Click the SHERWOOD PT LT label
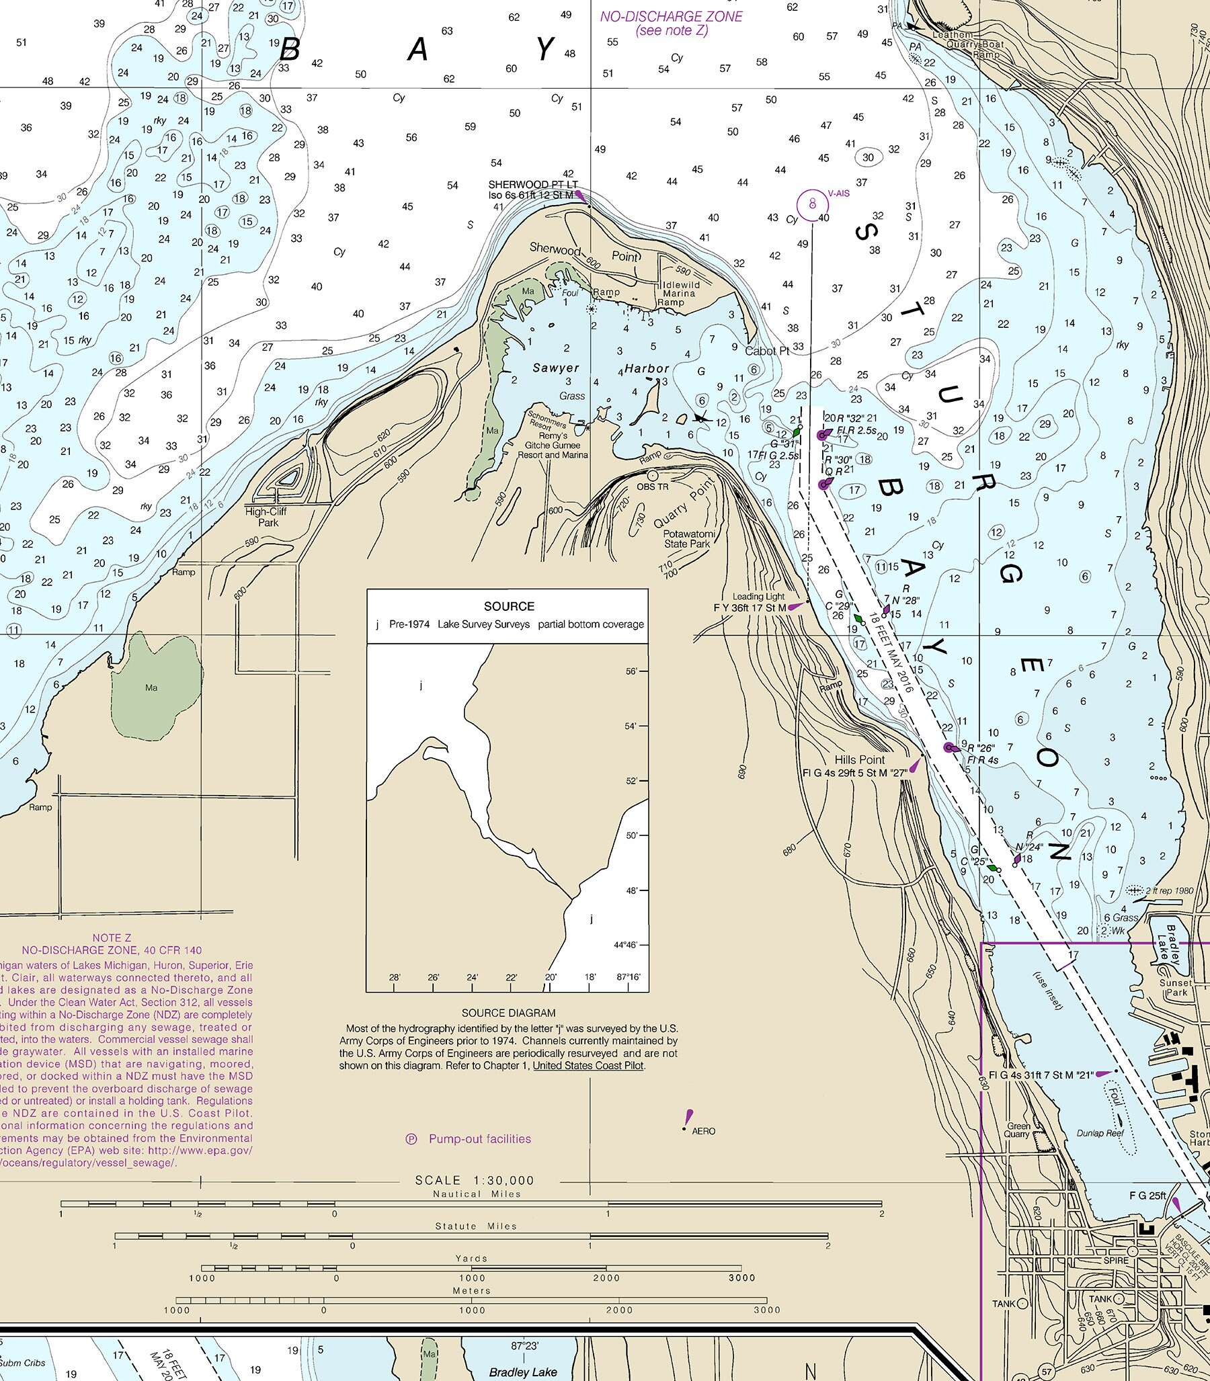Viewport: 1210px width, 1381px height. (533, 184)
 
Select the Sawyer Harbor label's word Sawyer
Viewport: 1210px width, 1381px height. (556, 368)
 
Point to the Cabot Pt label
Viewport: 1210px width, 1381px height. (767, 351)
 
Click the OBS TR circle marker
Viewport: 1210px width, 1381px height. (653, 476)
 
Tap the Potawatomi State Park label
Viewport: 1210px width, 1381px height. (689, 539)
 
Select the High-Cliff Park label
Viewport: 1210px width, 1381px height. (266, 517)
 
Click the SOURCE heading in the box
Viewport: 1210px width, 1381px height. (508, 606)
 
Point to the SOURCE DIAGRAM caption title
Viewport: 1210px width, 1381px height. (508, 1013)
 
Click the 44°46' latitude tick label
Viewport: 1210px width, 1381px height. (625, 945)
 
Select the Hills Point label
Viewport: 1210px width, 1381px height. (859, 759)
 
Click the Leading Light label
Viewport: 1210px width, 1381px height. (758, 596)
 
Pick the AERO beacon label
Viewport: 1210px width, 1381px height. (703, 1131)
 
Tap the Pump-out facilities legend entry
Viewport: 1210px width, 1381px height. (479, 1139)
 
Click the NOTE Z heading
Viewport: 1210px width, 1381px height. (112, 937)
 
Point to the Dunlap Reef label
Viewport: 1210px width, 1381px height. (1100, 1133)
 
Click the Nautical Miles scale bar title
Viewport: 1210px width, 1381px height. (477, 1194)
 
